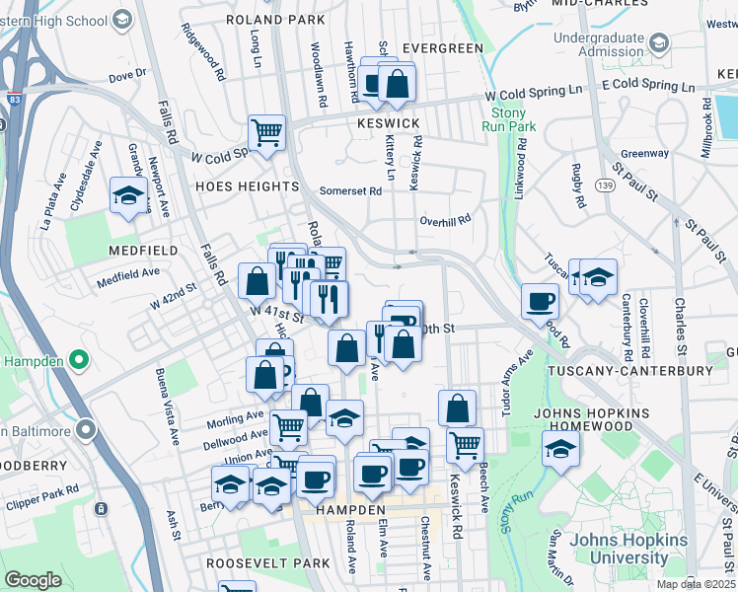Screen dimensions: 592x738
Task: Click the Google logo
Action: click(33, 580)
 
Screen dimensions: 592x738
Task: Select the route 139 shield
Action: click(605, 185)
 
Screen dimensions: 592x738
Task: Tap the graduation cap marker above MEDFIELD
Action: click(128, 194)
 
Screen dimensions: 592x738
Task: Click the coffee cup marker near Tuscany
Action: click(541, 301)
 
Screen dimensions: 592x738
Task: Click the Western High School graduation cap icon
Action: click(122, 19)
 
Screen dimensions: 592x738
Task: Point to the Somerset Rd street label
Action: click(350, 191)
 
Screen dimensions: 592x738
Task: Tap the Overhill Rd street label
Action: click(445, 220)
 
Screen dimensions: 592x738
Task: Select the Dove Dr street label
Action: click(126, 74)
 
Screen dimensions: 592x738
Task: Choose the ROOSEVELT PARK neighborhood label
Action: click(268, 562)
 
